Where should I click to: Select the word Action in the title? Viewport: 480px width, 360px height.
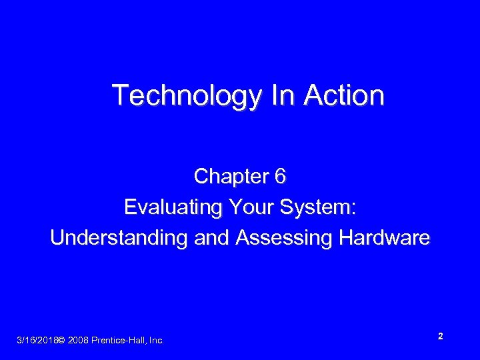point(344,95)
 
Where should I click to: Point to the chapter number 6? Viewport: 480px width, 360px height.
point(280,177)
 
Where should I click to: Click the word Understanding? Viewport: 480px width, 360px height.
point(119,238)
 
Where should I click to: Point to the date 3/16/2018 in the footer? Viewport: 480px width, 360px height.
point(36,341)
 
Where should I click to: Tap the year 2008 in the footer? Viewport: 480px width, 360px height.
point(77,341)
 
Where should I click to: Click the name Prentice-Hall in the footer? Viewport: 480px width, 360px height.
point(119,341)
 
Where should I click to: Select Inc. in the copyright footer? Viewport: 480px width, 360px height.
point(156,341)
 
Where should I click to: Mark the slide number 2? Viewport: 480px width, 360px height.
point(441,337)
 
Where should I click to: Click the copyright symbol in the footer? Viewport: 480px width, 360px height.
point(61,341)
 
